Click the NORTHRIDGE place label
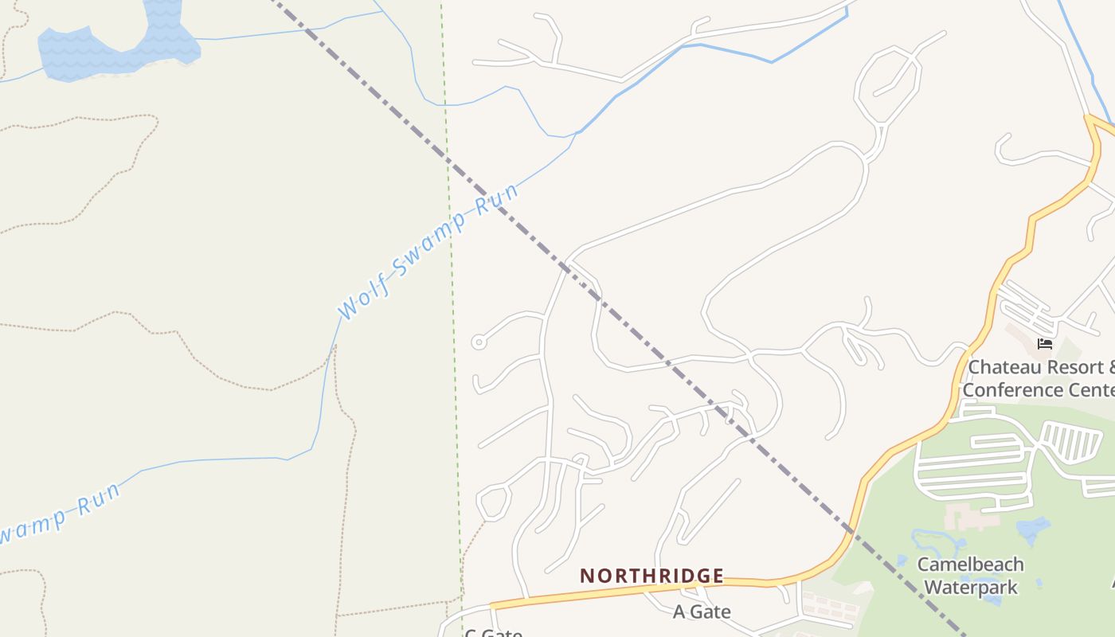[651, 576]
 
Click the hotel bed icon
[1045, 344]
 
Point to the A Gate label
[702, 612]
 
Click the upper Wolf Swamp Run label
[428, 250]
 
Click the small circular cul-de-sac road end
[479, 342]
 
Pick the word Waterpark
[971, 588]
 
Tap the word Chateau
[1005, 368]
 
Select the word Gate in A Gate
[712, 612]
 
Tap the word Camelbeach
[970, 565]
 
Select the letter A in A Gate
[679, 612]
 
